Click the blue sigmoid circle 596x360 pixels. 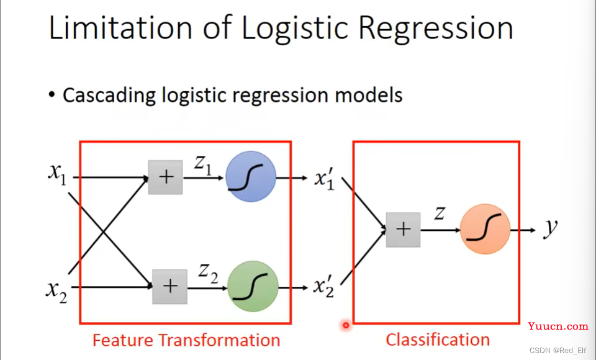tap(250, 178)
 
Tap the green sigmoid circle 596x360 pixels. tap(252, 286)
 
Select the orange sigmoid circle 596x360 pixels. tap(485, 229)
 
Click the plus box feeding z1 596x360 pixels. tap(165, 177)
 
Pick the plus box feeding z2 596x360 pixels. tap(169, 287)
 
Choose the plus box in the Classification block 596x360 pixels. tap(403, 230)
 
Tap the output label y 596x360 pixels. tap(550, 228)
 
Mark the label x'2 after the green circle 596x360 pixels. tap(323, 287)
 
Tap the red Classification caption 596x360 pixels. tap(438, 340)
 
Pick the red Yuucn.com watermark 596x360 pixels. tap(558, 326)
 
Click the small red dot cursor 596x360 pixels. tap(346, 324)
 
